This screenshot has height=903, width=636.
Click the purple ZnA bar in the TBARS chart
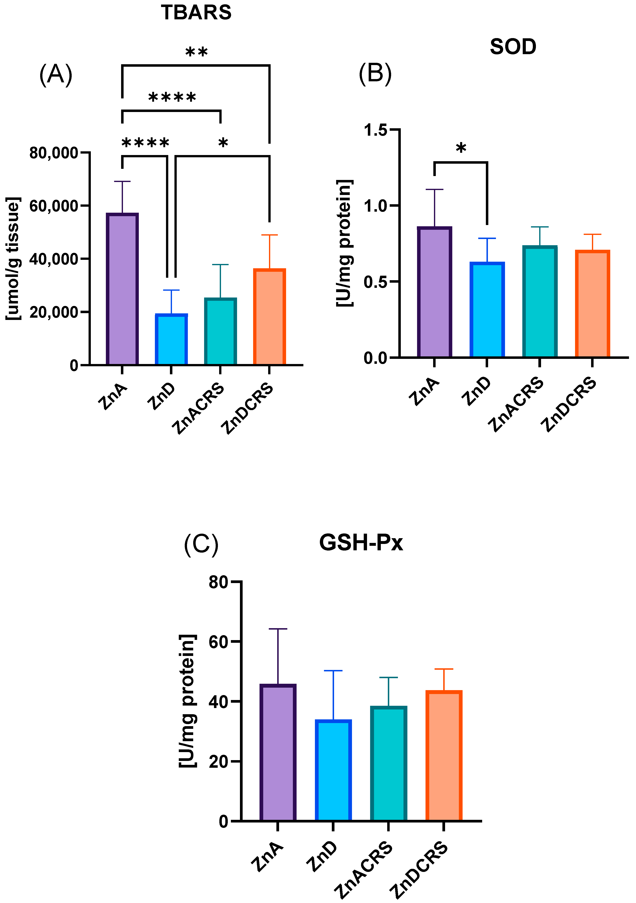coord(122,289)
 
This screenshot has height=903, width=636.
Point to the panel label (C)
coord(201,545)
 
